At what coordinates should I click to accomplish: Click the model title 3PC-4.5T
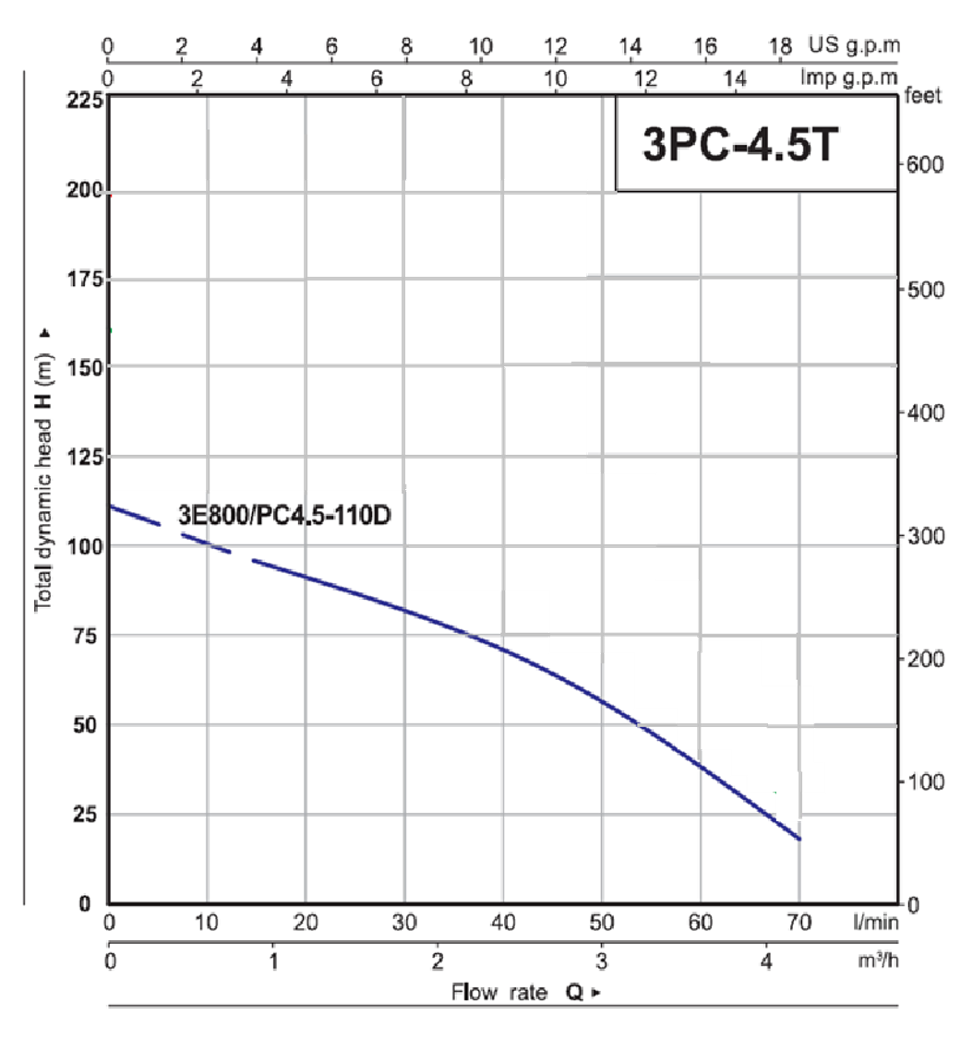(740, 144)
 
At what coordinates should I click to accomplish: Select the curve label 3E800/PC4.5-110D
(285, 515)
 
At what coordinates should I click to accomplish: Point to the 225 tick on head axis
(86, 100)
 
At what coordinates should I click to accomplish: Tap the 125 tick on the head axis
(86, 457)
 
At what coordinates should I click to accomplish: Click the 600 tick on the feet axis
(925, 164)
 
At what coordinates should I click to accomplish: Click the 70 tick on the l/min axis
(799, 922)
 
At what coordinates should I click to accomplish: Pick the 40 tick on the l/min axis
(503, 922)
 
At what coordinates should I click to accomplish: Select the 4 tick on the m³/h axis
(766, 960)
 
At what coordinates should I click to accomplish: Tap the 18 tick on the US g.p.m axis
(780, 46)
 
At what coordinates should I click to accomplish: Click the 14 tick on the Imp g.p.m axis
(735, 78)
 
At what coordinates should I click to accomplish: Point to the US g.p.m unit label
(854, 45)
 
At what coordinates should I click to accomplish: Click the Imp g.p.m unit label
(848, 78)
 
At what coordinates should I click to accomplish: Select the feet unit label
(922, 96)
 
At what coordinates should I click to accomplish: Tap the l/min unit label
(876, 922)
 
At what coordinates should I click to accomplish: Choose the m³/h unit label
(878, 960)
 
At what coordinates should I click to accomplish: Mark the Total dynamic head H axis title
(43, 470)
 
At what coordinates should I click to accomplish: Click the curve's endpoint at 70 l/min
(799, 840)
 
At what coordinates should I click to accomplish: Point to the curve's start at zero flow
(110, 507)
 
